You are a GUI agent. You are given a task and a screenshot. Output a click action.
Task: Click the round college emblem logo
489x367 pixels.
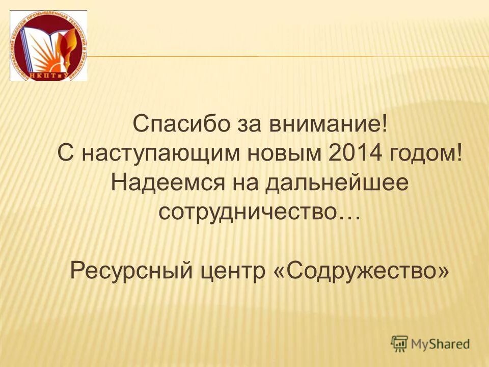pyautogui.click(x=49, y=45)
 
